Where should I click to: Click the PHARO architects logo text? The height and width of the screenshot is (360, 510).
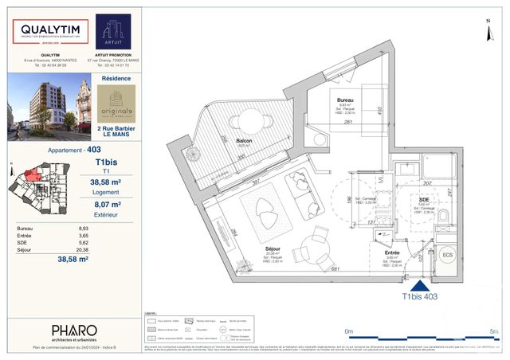click(74, 331)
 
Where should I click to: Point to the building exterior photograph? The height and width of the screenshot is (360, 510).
click(49, 107)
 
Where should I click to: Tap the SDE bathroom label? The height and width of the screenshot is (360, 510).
click(425, 199)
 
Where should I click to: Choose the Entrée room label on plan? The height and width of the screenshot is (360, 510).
click(392, 252)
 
